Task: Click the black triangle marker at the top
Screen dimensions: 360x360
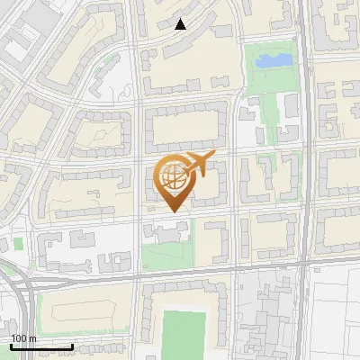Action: pyautogui.click(x=181, y=24)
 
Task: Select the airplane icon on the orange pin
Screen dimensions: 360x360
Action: pyautogui.click(x=197, y=165)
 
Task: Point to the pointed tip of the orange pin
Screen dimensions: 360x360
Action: pyautogui.click(x=172, y=212)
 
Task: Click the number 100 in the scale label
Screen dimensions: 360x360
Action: pyautogui.click(x=17, y=337)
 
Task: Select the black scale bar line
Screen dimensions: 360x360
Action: pyautogui.click(x=41, y=346)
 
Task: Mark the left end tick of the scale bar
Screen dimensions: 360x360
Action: pyautogui.click(x=11, y=346)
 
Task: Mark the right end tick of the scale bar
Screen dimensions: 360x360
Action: pyautogui.click(x=73, y=346)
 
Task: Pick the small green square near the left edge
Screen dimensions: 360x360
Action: pyautogui.click(x=18, y=243)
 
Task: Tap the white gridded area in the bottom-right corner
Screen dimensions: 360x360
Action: pyautogui.click(x=333, y=315)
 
